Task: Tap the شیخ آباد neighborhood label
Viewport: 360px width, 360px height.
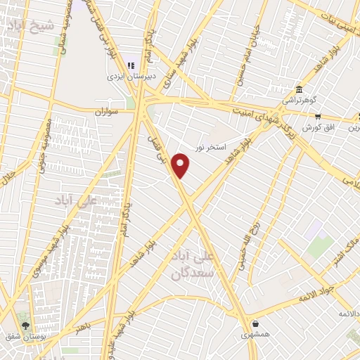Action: [x=31, y=26]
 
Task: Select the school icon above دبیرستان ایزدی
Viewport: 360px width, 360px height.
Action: [x=130, y=65]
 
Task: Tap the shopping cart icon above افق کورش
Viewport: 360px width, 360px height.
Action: [x=318, y=117]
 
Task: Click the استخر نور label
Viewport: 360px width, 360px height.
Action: [x=211, y=146]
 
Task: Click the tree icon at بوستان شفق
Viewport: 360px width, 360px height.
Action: [x=26, y=326]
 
